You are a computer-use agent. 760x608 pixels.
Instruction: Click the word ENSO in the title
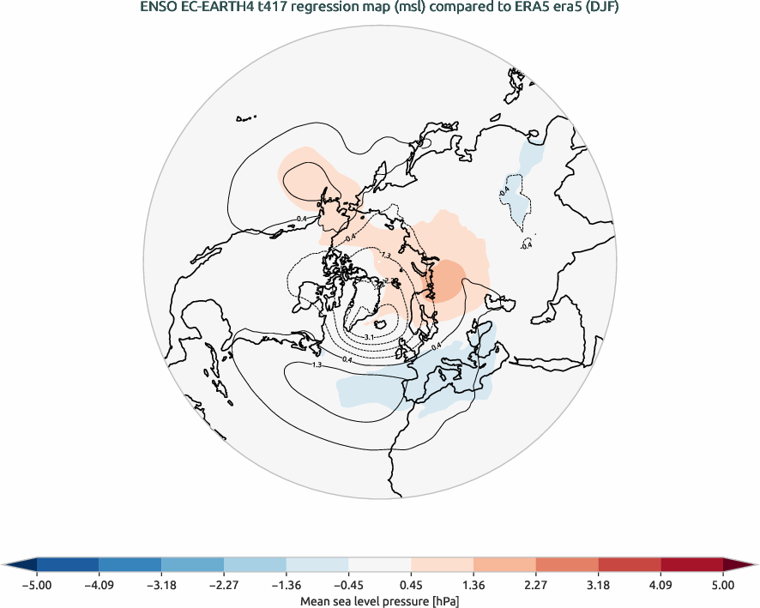pos(158,9)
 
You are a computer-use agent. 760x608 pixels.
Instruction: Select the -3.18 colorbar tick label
pos(161,586)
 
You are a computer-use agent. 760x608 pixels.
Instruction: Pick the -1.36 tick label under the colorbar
pos(286,586)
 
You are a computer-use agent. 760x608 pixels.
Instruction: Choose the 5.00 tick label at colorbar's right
pos(723,586)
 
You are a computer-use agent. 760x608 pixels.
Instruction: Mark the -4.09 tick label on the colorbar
pos(99,586)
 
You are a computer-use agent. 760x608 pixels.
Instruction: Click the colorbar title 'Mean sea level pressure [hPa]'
pos(379,601)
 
